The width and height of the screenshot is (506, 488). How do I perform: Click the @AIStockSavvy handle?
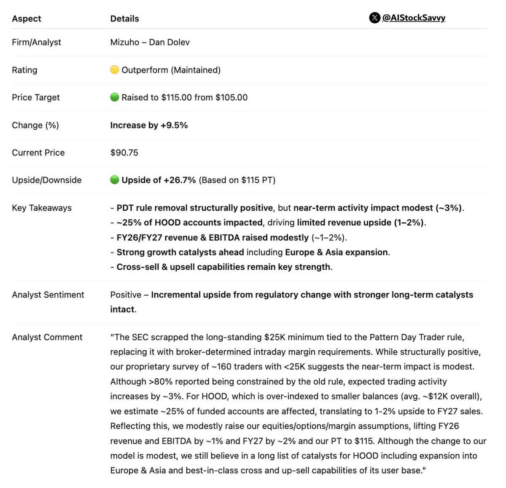pos(414,18)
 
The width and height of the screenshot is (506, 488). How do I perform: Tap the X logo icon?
pos(374,18)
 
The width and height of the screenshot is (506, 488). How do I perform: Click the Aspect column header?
pos(27,19)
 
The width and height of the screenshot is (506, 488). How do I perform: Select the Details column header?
pos(124,19)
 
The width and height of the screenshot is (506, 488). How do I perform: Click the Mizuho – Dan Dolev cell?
pos(150,42)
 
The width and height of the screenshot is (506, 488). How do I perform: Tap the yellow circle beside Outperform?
pos(114,70)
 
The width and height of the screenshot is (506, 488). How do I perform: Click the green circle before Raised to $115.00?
pos(114,97)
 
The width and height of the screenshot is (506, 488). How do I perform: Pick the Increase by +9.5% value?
pos(149,125)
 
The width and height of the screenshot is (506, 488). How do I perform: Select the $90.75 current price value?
pos(124,153)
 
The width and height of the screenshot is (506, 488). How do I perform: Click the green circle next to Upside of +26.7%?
pos(114,180)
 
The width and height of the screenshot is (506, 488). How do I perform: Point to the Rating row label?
pos(24,70)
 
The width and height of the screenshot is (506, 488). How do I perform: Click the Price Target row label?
pos(36,97)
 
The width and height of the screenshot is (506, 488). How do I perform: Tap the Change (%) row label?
pos(35,125)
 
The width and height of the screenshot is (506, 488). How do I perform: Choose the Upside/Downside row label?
pos(47,180)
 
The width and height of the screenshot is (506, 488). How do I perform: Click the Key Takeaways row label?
pos(42,208)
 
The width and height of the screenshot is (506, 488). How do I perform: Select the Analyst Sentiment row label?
pos(48,295)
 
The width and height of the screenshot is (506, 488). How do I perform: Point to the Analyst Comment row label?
pos(47,337)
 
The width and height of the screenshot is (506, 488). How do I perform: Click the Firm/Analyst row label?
pos(36,42)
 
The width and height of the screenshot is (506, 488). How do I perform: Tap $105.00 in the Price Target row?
pos(231,97)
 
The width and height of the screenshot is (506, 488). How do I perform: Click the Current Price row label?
pos(38,153)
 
